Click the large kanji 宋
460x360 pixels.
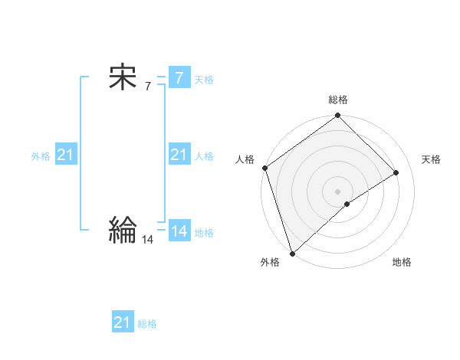123,78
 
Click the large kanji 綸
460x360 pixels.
123,228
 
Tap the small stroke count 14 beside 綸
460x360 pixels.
148,239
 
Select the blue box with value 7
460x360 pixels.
179,78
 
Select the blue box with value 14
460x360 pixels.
179,231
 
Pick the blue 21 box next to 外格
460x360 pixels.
66,155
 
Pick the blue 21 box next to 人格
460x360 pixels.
179,155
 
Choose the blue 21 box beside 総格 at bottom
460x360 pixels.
123,322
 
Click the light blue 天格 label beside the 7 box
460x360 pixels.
204,80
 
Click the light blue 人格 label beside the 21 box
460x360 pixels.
204,156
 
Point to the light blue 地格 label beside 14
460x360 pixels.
204,233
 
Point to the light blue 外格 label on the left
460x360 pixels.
41,156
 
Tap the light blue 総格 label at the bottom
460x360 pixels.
147,324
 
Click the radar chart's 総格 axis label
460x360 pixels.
338,100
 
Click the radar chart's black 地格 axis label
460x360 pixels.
402,263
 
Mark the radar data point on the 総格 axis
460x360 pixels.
338,116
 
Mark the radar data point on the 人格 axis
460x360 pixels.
264,168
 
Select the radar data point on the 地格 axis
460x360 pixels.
347,204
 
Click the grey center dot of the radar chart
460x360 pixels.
338,191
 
